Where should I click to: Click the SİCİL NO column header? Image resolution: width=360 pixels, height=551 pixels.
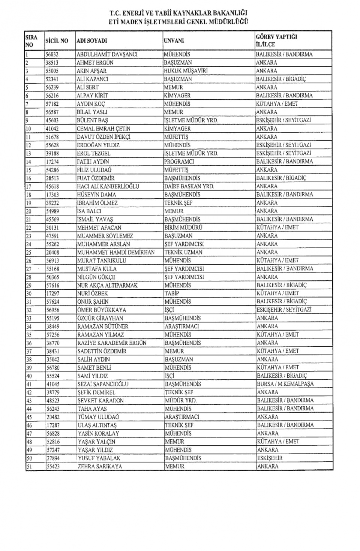click(57, 41)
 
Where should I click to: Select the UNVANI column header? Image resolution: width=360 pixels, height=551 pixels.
click(174, 41)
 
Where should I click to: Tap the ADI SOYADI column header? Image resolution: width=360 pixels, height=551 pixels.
click(92, 41)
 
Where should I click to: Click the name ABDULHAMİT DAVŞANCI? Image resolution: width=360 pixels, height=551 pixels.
click(107, 54)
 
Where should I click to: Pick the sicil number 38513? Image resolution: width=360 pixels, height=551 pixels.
click(52, 63)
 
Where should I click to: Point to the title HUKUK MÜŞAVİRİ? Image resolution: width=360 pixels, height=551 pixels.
click(186, 71)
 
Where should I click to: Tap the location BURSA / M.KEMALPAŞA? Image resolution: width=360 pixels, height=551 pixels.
click(285, 384)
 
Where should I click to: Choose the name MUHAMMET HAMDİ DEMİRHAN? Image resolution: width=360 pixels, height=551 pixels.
click(116, 252)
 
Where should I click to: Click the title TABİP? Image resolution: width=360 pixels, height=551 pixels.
click(172, 293)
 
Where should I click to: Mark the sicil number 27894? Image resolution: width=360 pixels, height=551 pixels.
click(53, 458)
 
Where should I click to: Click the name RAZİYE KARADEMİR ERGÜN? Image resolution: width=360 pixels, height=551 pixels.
click(112, 343)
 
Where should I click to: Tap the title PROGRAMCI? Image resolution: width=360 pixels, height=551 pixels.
click(179, 162)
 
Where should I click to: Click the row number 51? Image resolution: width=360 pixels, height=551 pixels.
click(29, 467)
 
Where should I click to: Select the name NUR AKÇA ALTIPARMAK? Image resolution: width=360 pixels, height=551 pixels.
click(107, 285)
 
